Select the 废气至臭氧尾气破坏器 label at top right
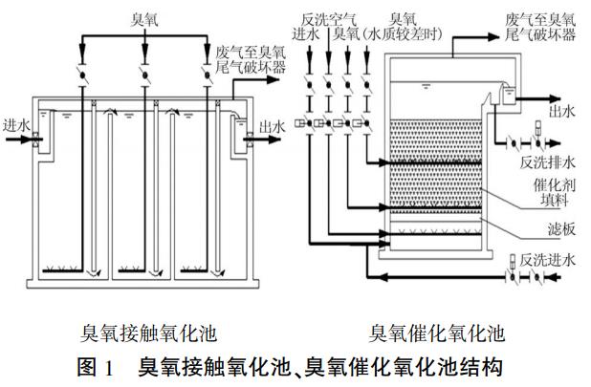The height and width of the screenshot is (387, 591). click(542, 26)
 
